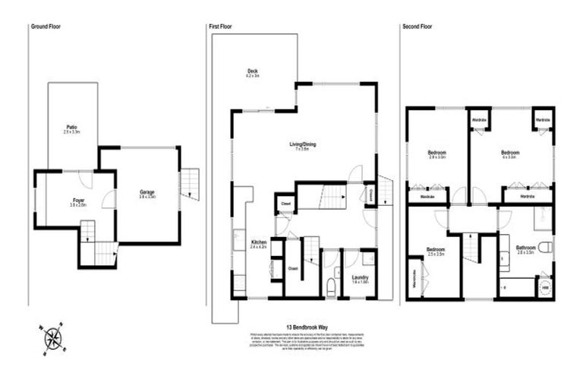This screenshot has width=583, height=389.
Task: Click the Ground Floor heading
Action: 45,27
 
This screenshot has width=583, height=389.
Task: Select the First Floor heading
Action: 220,27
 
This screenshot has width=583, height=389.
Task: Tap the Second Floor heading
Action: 418,27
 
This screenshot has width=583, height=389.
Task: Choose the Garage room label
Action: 147,193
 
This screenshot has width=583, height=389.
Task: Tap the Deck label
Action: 253,72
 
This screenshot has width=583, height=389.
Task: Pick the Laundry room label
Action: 361,278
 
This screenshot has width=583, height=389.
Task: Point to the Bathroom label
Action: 527,248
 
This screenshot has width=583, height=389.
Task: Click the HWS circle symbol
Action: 544,289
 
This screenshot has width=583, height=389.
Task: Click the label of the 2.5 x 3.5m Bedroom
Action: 435,251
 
